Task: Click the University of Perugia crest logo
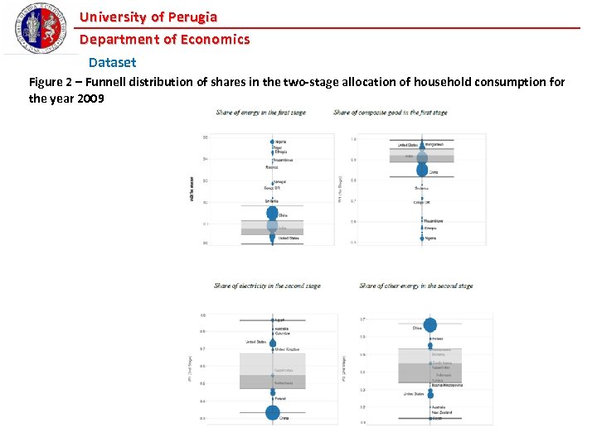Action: (38, 28)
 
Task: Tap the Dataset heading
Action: (112, 62)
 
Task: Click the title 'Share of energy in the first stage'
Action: (260, 113)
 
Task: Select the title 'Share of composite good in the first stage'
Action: (390, 113)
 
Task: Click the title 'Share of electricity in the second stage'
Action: (267, 286)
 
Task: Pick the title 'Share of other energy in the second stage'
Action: (416, 286)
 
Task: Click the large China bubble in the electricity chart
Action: (273, 412)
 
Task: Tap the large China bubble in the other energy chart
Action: (430, 325)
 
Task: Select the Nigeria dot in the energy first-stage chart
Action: (272, 142)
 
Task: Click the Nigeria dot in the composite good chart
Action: (422, 238)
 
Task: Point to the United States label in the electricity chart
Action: (255, 341)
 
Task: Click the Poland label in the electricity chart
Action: (280, 399)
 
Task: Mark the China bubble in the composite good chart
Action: (422, 171)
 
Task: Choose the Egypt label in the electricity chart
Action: (280, 320)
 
